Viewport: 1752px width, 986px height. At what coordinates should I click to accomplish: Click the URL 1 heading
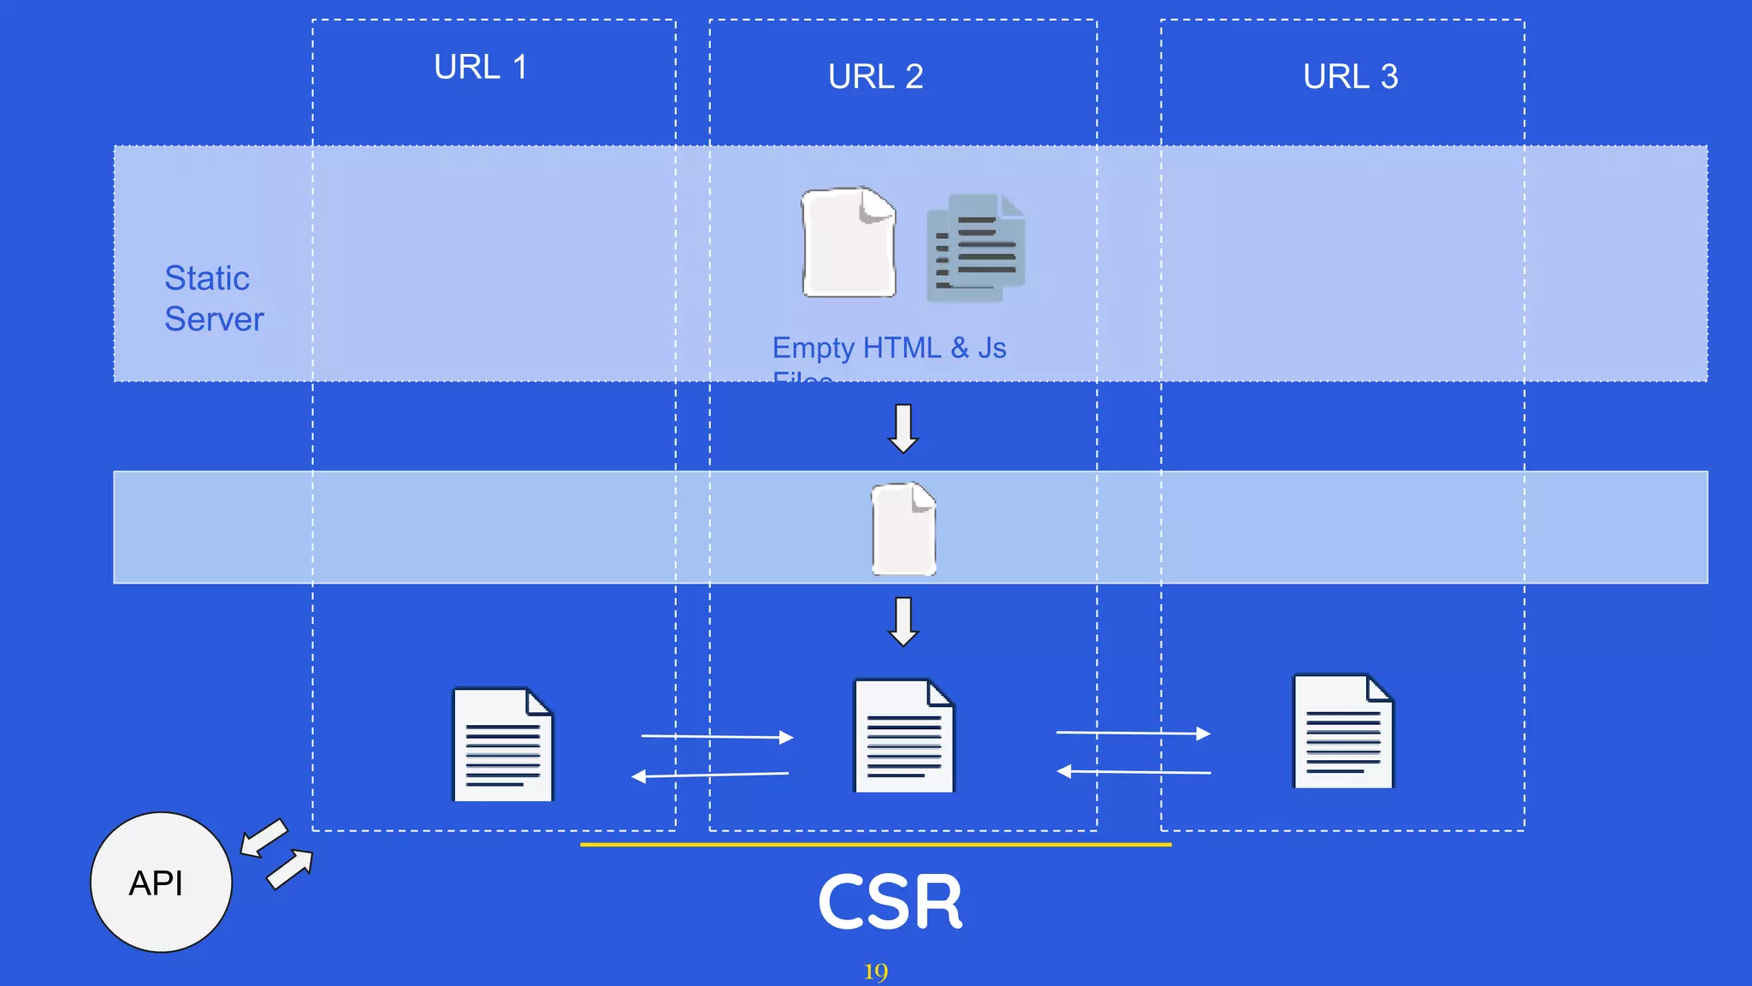481,67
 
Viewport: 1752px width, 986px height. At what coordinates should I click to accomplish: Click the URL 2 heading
875,76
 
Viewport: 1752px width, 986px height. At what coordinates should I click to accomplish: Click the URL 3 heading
1350,76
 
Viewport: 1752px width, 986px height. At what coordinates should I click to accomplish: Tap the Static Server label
214,298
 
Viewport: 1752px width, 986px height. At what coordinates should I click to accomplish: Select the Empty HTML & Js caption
889,348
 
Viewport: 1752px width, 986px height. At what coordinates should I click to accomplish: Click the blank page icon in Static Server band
849,242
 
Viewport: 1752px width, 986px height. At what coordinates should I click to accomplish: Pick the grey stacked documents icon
975,247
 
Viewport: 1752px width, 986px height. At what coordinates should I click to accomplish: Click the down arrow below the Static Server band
903,428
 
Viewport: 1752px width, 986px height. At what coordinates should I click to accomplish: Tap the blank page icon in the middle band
903,528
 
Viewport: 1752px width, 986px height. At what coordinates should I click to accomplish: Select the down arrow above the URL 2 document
903,621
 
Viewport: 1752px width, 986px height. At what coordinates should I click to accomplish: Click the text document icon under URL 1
502,744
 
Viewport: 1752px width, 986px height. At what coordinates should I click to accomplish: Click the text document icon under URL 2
904,736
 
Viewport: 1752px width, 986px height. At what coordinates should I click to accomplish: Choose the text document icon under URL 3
1343,731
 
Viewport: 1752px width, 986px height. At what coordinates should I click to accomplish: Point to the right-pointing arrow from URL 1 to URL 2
717,736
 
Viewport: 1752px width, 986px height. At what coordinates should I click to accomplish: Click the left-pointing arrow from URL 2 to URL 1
710,775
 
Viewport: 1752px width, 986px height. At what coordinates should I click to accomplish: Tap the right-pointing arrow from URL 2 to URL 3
1133,733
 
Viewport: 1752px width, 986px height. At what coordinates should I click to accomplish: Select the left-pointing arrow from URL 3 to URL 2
1133,772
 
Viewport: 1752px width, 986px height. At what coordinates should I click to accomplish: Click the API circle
161,882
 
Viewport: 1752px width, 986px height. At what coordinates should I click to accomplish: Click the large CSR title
890,902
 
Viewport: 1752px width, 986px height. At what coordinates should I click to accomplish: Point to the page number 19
875,971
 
